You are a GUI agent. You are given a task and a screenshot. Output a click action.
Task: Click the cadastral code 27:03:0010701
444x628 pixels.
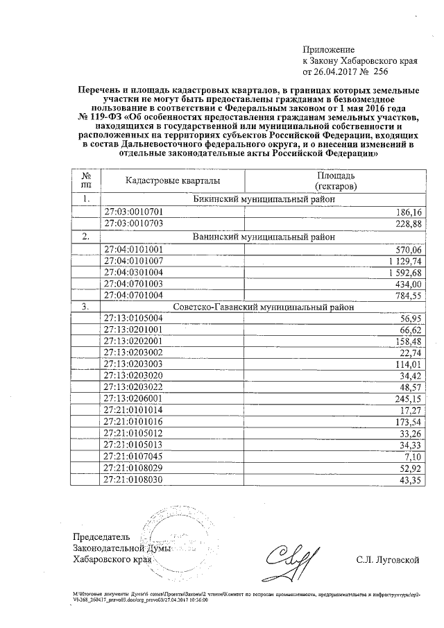pos(133,211)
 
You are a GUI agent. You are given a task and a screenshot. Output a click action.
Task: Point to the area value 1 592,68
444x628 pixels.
pos(402,271)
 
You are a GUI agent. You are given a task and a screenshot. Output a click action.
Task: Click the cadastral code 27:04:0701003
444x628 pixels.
pos(133,284)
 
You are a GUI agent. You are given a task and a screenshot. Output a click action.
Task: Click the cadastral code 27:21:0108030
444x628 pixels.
pos(133,479)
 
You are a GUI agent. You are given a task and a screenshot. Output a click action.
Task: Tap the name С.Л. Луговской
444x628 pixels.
pos(386,559)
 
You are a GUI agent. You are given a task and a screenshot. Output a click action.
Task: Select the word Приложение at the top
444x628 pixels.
pos(328,50)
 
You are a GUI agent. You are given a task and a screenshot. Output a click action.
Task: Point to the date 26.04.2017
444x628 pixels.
pos(336,71)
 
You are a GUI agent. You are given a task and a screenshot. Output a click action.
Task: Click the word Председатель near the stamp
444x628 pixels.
pos(101,538)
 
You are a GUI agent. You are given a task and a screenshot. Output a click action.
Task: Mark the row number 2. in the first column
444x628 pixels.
pos(86,236)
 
